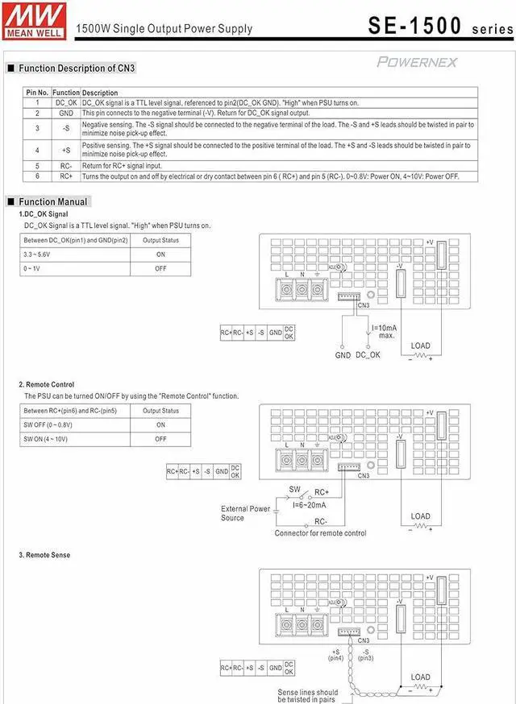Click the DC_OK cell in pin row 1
(66, 103)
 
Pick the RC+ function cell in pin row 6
(66, 176)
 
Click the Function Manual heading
(53, 201)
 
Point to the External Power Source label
(246, 513)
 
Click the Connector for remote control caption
(320, 533)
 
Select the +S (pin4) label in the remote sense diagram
(336, 654)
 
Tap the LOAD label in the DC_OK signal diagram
(420, 346)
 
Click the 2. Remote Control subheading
(47, 385)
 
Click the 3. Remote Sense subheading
(44, 556)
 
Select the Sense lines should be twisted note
(308, 696)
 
